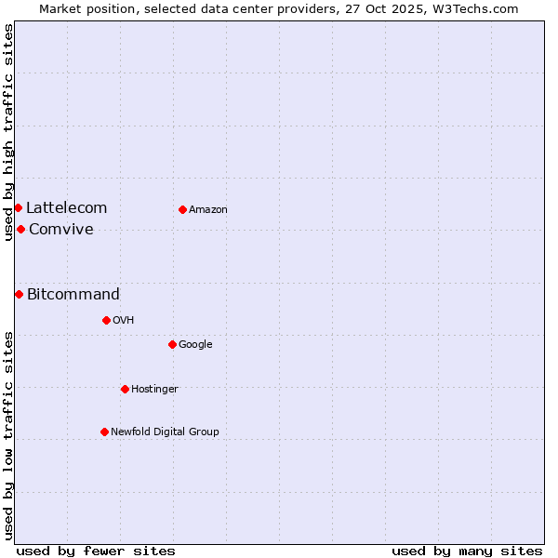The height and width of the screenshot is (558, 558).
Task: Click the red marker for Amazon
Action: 182,209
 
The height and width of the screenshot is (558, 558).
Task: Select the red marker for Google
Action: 172,344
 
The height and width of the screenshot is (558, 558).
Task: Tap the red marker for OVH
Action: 106,320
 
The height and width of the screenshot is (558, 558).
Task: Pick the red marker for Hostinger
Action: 125,389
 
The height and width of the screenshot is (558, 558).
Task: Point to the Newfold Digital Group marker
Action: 104,432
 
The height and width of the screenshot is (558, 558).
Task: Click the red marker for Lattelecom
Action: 18,207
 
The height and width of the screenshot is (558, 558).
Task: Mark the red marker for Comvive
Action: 20,229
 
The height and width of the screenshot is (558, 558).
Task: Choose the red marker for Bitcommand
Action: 19,294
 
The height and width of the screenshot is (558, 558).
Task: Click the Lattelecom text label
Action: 66,208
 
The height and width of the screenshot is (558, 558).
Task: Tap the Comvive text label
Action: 61,230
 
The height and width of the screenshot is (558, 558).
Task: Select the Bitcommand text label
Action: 73,295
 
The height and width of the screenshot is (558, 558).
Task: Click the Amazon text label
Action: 208,210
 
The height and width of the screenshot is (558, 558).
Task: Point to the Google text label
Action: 195,345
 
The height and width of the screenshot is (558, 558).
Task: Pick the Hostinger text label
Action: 154,390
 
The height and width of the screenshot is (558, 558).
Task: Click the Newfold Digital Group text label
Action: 165,432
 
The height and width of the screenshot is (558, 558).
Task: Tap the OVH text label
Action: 124,321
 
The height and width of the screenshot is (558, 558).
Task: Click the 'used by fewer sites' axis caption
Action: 96,551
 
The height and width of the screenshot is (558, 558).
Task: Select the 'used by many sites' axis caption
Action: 467,551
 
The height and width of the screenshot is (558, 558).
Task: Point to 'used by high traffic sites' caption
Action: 8,132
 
